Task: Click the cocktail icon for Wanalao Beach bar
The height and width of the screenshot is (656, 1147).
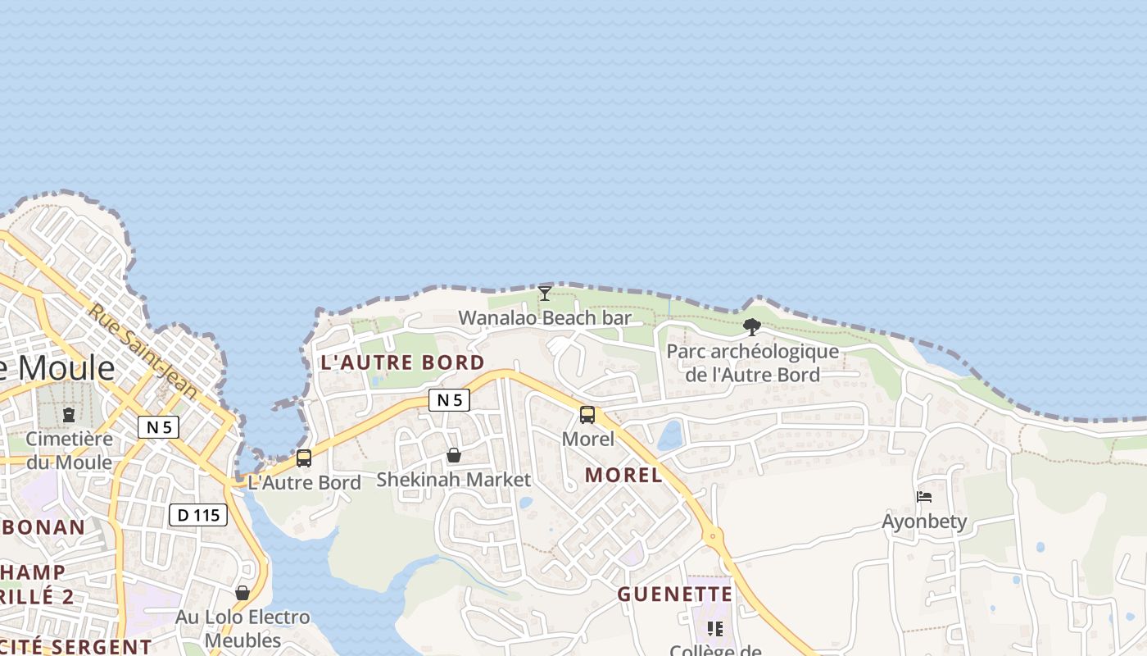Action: (x=545, y=294)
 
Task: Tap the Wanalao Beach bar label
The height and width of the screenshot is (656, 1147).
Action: (x=545, y=318)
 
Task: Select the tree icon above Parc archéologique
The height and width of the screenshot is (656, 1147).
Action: (x=752, y=327)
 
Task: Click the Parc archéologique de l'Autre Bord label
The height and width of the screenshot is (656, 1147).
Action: (x=752, y=363)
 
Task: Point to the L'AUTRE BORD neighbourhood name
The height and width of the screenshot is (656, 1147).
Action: (x=402, y=362)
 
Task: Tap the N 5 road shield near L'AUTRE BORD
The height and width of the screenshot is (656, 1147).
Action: (x=449, y=400)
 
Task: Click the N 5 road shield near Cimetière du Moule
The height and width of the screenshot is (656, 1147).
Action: (x=158, y=426)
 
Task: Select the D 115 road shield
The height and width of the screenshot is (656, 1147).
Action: (x=197, y=515)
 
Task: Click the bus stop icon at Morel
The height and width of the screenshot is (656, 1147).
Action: (x=587, y=415)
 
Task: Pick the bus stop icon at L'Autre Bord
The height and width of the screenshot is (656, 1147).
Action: (x=304, y=458)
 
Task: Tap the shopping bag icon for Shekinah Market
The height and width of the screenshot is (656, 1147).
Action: (x=454, y=455)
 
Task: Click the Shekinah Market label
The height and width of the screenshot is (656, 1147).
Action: (x=453, y=480)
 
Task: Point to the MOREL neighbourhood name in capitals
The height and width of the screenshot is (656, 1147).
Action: (x=623, y=475)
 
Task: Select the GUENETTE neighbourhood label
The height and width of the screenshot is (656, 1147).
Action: (x=674, y=594)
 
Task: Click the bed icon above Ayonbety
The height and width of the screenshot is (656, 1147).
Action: (x=924, y=497)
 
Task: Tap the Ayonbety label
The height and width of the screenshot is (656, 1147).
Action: (x=924, y=522)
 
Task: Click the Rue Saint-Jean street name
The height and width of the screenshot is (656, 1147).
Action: (x=143, y=351)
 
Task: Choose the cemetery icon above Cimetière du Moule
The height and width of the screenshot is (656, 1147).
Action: (x=69, y=415)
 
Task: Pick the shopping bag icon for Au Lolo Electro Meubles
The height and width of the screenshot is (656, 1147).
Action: (x=243, y=592)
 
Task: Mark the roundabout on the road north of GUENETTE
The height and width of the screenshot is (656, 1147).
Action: (x=713, y=537)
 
